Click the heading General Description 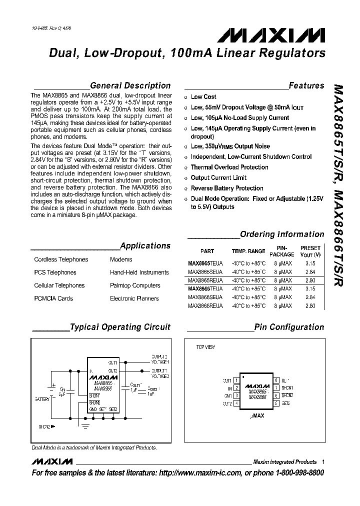click(x=130, y=85)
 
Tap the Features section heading click(x=306, y=85)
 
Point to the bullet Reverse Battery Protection click(x=227, y=188)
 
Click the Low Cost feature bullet click(x=203, y=97)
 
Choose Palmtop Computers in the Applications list click(x=135, y=285)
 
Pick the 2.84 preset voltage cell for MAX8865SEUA click(x=310, y=272)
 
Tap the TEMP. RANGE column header click(x=248, y=251)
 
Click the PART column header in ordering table click(x=207, y=251)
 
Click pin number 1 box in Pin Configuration click(x=236, y=380)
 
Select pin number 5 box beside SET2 click(x=275, y=403)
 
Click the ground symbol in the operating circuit click(x=85, y=425)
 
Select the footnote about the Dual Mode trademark click(x=94, y=448)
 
